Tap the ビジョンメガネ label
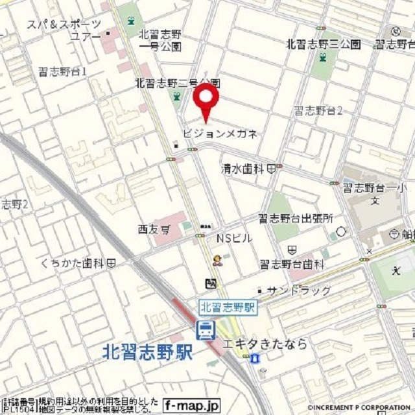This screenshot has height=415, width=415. pyautogui.click(x=220, y=134)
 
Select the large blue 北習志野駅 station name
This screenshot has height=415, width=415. pyautogui.click(x=148, y=352)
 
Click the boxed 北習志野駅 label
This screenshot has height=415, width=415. pyautogui.click(x=228, y=307)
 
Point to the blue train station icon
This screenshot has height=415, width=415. pyautogui.click(x=206, y=331)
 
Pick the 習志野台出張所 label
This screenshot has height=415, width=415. pyautogui.click(x=295, y=219)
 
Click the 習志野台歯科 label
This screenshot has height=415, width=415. pyautogui.click(x=291, y=264)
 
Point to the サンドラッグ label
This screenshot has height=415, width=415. pyautogui.click(x=298, y=290)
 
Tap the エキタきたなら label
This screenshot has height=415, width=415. pyautogui.click(x=264, y=344)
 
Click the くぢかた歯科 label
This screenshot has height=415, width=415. pyautogui.click(x=78, y=263)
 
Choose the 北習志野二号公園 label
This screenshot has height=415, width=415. pyautogui.click(x=177, y=83)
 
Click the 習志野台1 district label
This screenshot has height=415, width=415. pyautogui.click(x=62, y=71)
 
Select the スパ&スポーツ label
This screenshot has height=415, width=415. pyautogui.click(x=64, y=25)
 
